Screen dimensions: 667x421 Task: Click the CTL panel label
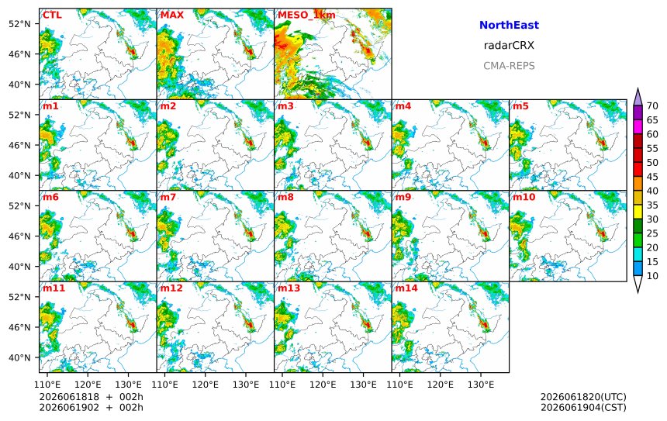point(52,16)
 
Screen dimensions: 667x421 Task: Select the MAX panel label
point(172,16)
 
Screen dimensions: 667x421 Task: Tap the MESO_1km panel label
point(306,16)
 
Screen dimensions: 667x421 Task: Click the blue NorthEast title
point(509,25)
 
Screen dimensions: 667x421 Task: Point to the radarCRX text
point(509,46)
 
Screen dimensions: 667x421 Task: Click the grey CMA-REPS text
point(509,66)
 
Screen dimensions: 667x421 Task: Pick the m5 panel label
point(520,106)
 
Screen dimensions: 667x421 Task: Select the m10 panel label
point(524,197)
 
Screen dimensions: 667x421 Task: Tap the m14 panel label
point(406,288)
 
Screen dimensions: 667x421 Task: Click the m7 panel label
point(168,197)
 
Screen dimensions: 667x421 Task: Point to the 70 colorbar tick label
point(652,106)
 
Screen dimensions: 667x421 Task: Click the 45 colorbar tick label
point(652,177)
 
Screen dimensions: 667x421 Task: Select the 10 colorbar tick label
point(652,276)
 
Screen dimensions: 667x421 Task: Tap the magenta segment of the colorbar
point(638,127)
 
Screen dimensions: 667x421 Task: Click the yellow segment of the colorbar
point(638,212)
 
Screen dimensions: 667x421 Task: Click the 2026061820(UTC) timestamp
point(583,397)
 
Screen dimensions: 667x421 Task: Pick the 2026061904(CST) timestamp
point(583,407)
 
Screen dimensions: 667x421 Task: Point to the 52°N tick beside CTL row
point(19,24)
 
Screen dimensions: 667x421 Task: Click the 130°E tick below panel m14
point(481,385)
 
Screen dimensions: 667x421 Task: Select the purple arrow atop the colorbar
point(638,98)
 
